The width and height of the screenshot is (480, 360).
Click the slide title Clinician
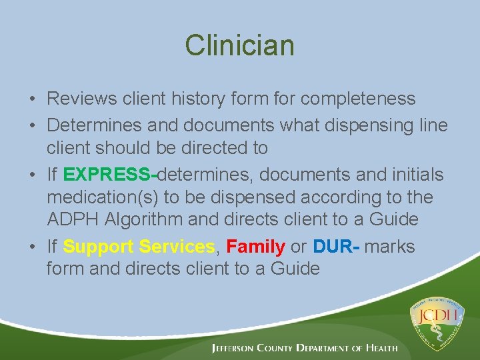tap(239, 45)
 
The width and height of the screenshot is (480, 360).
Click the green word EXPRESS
tap(109, 175)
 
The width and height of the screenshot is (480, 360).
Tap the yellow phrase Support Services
tap(138, 247)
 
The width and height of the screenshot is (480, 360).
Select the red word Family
tap(255, 247)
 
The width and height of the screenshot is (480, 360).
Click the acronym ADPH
tap(70, 219)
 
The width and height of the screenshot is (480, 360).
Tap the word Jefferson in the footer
tap(238, 348)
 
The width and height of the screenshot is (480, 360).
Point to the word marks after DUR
tap(391, 247)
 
